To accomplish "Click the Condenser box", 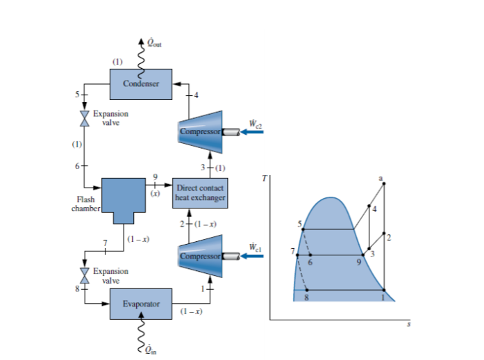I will [142, 83].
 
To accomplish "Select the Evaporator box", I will [142, 304].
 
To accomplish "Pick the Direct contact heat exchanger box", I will [201, 193].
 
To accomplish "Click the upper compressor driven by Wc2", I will [201, 130].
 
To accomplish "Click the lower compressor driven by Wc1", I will [201, 255].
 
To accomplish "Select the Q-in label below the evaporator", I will [151, 350].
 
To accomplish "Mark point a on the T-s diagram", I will [383, 183].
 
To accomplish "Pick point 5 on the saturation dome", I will [303, 229].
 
